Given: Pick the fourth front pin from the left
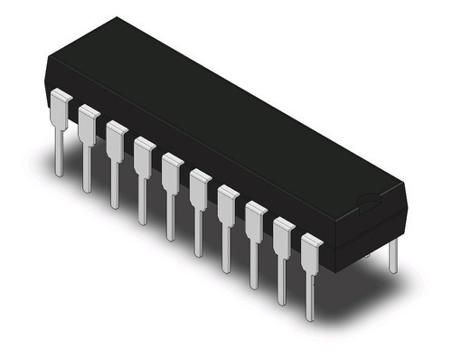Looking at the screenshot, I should pyautogui.click(x=144, y=170).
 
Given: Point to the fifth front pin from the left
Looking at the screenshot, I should pyautogui.click(x=172, y=186).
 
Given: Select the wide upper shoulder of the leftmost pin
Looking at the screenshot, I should pyautogui.click(x=61, y=104).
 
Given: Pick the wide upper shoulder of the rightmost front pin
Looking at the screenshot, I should pyautogui.click(x=312, y=249).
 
